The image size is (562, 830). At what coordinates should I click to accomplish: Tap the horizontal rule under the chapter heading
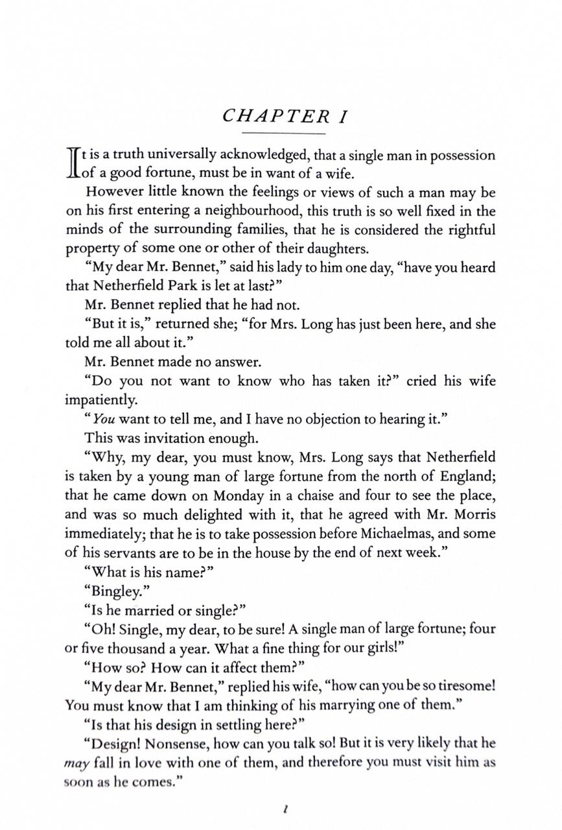coord(283,134)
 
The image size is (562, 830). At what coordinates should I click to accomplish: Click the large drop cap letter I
coord(73,163)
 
